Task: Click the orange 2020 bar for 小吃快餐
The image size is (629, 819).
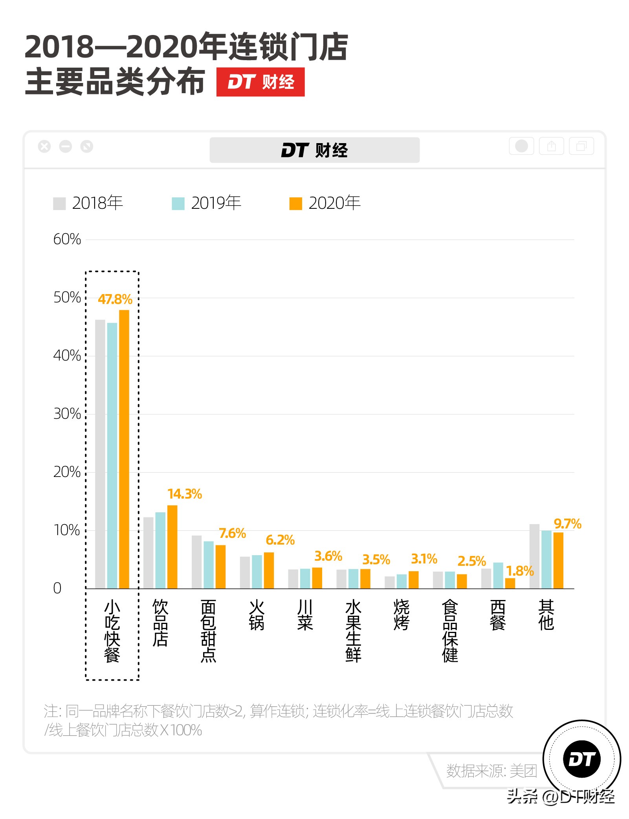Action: pyautogui.click(x=124, y=449)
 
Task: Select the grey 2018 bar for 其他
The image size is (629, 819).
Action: pyautogui.click(x=534, y=556)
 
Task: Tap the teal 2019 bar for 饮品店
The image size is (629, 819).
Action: pyautogui.click(x=160, y=550)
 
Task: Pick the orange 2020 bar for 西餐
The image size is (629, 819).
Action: pyautogui.click(x=510, y=583)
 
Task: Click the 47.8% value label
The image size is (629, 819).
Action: pyautogui.click(x=115, y=299)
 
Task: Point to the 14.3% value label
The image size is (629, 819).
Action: pyautogui.click(x=184, y=494)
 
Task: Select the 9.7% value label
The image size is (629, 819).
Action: pyautogui.click(x=567, y=524)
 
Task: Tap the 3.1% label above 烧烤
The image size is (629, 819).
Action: pyautogui.click(x=424, y=559)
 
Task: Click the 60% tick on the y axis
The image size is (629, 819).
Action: pyautogui.click(x=67, y=239)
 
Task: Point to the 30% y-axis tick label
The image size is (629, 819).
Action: pyautogui.click(x=67, y=414)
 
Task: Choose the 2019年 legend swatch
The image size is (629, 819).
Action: pyautogui.click(x=178, y=203)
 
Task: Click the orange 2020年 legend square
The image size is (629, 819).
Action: pyautogui.click(x=295, y=203)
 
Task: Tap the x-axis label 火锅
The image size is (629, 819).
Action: pyautogui.click(x=257, y=615)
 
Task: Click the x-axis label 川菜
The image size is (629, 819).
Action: pyautogui.click(x=305, y=615)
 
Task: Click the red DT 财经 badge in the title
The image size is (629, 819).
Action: pyautogui.click(x=260, y=82)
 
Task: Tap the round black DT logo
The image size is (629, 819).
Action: pyautogui.click(x=581, y=759)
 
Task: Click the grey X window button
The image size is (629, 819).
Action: pyautogui.click(x=44, y=147)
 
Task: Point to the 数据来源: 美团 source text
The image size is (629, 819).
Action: pyautogui.click(x=491, y=771)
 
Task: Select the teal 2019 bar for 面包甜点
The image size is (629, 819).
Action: pyautogui.click(x=209, y=565)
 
